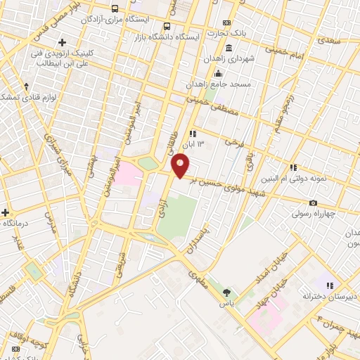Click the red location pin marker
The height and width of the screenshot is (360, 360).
pyautogui.click(x=181, y=166)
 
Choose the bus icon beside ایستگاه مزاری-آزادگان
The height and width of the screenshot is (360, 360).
pyautogui.click(x=115, y=9)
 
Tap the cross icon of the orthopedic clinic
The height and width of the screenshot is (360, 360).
pyautogui.click(x=63, y=43)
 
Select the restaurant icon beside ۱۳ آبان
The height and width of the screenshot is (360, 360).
pyautogui.click(x=192, y=133)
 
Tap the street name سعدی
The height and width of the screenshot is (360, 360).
pyautogui.click(x=328, y=41)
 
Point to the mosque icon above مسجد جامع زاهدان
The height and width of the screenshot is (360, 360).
pyautogui.click(x=218, y=74)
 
